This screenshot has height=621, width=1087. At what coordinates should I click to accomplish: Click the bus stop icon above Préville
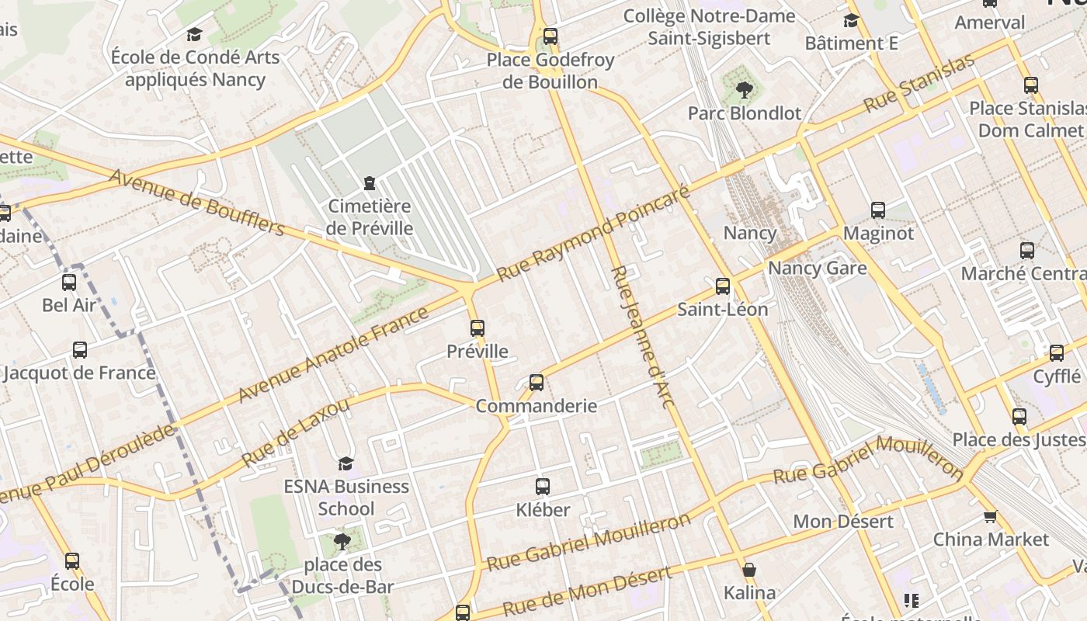point(478,328)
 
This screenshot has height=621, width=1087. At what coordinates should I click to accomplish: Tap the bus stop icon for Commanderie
point(537,383)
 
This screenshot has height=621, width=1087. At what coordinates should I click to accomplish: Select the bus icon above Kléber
point(543,487)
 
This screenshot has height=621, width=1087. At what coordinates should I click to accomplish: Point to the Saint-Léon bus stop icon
point(723,286)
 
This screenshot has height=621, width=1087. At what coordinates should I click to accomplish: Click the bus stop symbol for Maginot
point(878,210)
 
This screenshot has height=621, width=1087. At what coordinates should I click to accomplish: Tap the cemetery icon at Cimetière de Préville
point(369,183)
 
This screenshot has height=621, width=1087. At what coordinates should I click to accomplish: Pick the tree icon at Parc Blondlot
point(745,90)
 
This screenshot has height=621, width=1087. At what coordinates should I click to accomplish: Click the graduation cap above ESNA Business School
point(346,463)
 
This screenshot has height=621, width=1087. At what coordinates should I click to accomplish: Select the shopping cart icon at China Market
point(990,516)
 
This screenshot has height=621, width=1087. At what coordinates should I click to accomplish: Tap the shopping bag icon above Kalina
point(749,571)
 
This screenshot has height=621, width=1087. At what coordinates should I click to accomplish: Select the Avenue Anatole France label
point(333,354)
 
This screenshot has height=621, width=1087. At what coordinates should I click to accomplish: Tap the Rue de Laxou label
point(295,432)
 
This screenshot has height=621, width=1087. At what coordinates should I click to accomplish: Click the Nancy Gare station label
point(817,269)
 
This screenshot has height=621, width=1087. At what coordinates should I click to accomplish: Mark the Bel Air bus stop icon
point(69,283)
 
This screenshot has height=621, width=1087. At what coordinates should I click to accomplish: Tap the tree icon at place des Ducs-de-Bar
point(342,541)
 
